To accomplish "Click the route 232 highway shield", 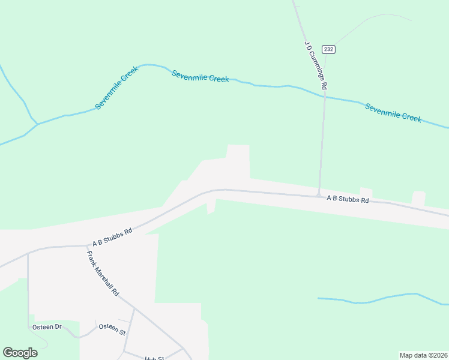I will click(x=328, y=49).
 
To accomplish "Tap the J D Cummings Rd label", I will click(x=315, y=65).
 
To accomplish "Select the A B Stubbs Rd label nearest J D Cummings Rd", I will click(x=348, y=199).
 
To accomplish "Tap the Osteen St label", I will click(x=112, y=331).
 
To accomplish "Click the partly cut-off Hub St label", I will click(x=154, y=358).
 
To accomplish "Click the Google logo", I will click(x=20, y=353).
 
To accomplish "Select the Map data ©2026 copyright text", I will click(x=423, y=355).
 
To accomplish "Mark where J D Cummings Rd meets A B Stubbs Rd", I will click(x=318, y=194).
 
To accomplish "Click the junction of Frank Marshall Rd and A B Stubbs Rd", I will click(x=86, y=245).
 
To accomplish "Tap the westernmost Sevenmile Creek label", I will click(x=117, y=88).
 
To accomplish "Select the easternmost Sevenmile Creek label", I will click(x=393, y=113).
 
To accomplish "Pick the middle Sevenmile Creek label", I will click(x=200, y=76).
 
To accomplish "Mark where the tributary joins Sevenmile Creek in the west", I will click(x=37, y=124).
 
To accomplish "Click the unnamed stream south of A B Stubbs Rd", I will click(x=384, y=298).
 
